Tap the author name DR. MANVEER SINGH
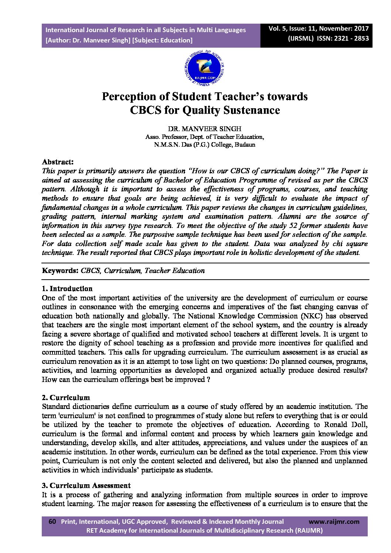(204, 129)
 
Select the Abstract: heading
(58, 162)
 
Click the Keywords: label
(60, 271)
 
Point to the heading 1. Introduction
(67, 289)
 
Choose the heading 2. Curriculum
(66, 398)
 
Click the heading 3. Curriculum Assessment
(86, 486)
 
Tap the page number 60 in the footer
(52, 522)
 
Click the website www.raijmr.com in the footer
(334, 522)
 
